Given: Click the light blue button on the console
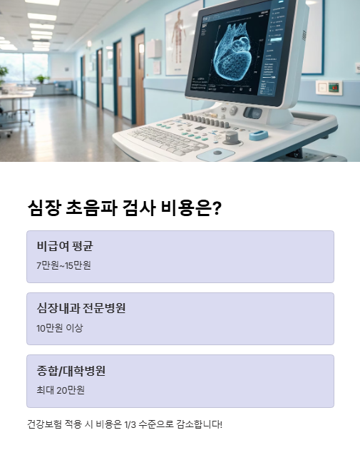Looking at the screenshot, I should tap(258, 135).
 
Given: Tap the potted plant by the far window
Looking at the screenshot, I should tap(42, 79).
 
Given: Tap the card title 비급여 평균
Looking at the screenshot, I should tap(65, 246).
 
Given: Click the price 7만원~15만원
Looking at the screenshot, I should tap(64, 265).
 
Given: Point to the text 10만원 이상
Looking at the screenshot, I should tap(60, 327).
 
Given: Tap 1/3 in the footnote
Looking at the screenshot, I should tap(133, 424).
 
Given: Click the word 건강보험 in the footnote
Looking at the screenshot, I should tap(43, 424).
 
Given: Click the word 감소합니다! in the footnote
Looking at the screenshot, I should tap(200, 424).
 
